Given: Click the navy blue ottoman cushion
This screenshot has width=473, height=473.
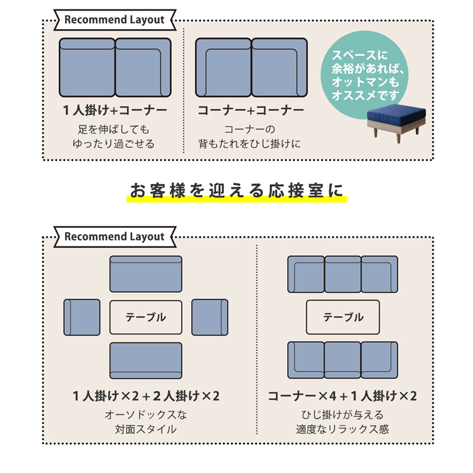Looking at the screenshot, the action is click(396, 112).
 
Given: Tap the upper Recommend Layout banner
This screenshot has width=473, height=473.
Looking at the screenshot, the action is click(115, 20).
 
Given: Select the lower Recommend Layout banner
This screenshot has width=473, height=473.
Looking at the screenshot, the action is click(115, 236).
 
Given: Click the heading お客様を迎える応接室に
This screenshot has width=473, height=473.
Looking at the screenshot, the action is click(236, 190).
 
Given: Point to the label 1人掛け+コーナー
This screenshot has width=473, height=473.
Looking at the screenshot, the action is click(115, 110).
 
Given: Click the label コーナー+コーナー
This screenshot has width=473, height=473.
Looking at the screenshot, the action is click(251, 110).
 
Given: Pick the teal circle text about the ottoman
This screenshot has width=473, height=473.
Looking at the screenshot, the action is click(366, 75).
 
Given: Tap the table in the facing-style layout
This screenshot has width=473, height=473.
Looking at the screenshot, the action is click(146, 317).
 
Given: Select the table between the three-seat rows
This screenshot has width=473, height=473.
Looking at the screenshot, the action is click(343, 317).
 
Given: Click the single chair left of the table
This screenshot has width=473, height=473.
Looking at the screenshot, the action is click(82, 317).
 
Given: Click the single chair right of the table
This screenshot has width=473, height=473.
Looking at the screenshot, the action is click(210, 317).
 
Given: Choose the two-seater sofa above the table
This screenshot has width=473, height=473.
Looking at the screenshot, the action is click(146, 274).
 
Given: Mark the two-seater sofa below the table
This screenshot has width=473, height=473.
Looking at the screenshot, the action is click(146, 361).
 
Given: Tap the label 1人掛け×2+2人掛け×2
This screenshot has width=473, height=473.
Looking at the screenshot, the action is click(146, 396).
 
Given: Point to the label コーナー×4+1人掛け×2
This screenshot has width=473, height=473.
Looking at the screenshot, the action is click(342, 396).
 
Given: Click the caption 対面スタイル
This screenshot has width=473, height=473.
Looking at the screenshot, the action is click(146, 429).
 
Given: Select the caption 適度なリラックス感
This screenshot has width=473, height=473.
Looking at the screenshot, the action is click(342, 429).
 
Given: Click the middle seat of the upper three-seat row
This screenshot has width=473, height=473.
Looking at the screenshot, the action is click(343, 274).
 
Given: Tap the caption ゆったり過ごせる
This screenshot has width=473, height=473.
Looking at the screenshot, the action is click(114, 144).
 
